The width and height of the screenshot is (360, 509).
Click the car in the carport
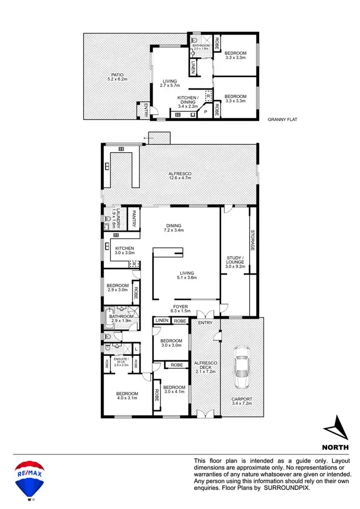click(x=241, y=367)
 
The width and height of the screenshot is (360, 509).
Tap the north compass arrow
click(x=337, y=428)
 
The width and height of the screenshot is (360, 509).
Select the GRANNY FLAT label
click(x=282, y=119)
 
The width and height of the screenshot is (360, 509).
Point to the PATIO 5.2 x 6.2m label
click(x=117, y=77)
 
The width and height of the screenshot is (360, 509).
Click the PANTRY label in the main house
click(x=134, y=219)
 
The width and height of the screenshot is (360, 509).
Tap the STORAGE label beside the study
click(x=252, y=240)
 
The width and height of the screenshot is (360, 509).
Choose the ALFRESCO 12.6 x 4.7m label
click(x=180, y=175)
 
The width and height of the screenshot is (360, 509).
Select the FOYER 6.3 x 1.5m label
click(x=180, y=309)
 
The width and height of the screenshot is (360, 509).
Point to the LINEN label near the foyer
click(x=162, y=321)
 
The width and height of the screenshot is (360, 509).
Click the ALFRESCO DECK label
click(x=206, y=365)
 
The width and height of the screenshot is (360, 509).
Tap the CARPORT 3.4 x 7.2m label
click(x=242, y=401)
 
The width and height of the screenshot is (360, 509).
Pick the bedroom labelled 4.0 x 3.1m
click(x=127, y=396)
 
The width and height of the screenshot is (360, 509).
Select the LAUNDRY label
click(x=116, y=218)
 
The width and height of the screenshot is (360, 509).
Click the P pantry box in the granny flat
click(x=206, y=112)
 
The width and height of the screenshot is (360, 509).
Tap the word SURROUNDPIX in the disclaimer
click(x=287, y=488)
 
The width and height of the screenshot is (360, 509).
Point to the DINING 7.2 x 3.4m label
click(x=174, y=228)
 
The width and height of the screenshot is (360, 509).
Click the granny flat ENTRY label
click(x=146, y=110)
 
